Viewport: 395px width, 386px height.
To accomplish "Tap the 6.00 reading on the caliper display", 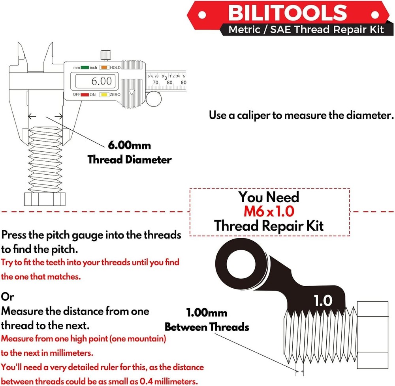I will (x=102, y=81).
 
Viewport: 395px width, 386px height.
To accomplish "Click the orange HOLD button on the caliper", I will (x=104, y=68).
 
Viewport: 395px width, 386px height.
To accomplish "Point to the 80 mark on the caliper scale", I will (x=169, y=83).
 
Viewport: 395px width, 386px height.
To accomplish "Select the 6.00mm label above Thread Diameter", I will (x=129, y=145).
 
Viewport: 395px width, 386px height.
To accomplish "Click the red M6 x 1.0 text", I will (x=269, y=211).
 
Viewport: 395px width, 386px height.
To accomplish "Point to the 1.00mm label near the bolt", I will (x=207, y=313).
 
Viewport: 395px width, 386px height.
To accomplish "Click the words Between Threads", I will (x=207, y=327).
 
